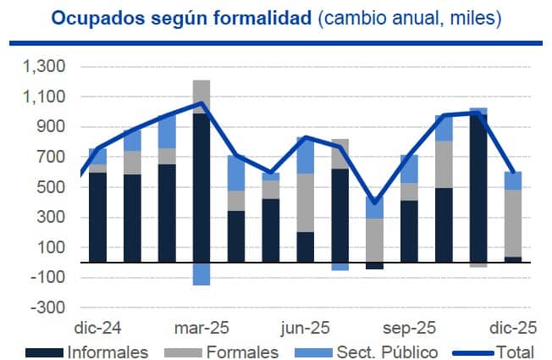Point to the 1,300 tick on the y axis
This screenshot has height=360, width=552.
click(47, 67)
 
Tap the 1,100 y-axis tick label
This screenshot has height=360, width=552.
click(47, 97)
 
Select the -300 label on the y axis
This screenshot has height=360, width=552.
click(52, 307)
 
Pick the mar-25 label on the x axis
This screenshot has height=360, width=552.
click(201, 326)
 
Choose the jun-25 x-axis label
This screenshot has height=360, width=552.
click(306, 326)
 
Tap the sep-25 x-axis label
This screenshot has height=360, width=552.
click(411, 326)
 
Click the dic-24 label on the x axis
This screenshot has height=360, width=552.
click(97, 326)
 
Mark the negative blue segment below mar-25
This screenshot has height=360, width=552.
click(201, 274)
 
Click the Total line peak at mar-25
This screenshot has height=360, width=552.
click(201, 103)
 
